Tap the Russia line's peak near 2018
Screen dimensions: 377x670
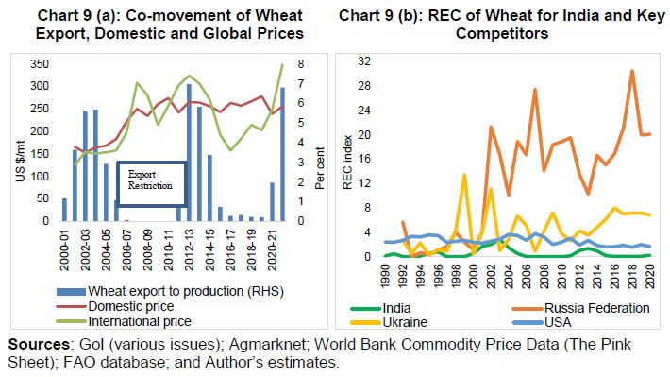(x=631, y=71)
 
